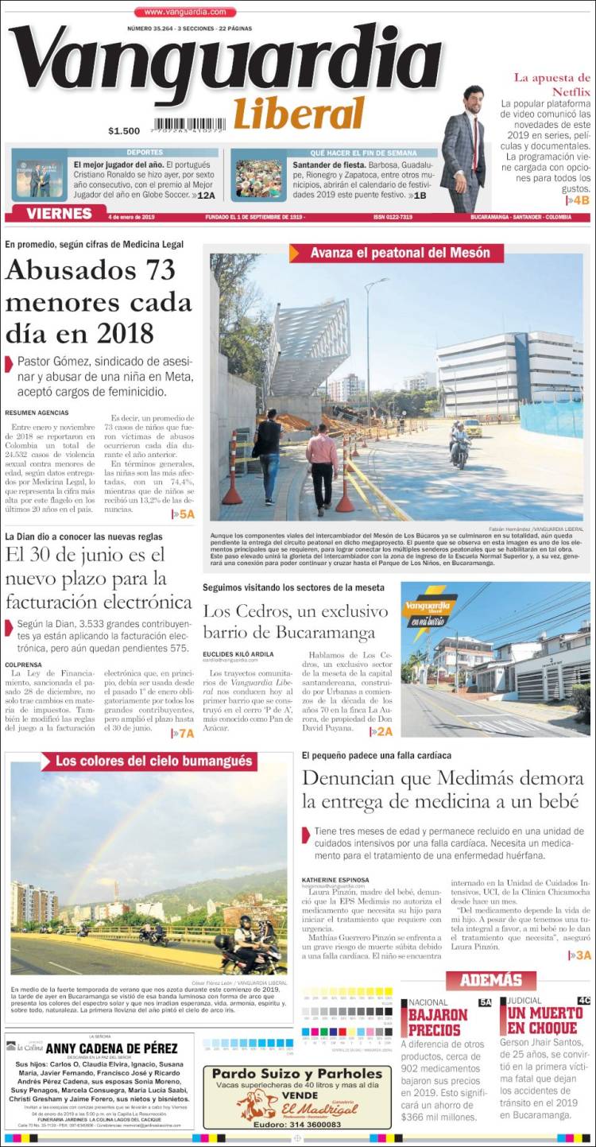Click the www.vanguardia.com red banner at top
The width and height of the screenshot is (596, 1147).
pos(185,12)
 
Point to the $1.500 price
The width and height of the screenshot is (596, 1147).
pos(124,131)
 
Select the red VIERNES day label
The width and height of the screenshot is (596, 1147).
pos(59,214)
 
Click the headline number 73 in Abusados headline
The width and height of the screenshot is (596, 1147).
pos(149,270)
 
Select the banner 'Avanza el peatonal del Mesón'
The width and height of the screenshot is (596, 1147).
pos(396,253)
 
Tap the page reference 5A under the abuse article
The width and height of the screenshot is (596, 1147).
pos(184,514)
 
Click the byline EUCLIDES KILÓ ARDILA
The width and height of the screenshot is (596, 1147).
pos(237,653)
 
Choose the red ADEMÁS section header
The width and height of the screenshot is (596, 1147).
pos(490,980)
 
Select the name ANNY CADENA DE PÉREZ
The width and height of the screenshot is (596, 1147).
pos(110,1048)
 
